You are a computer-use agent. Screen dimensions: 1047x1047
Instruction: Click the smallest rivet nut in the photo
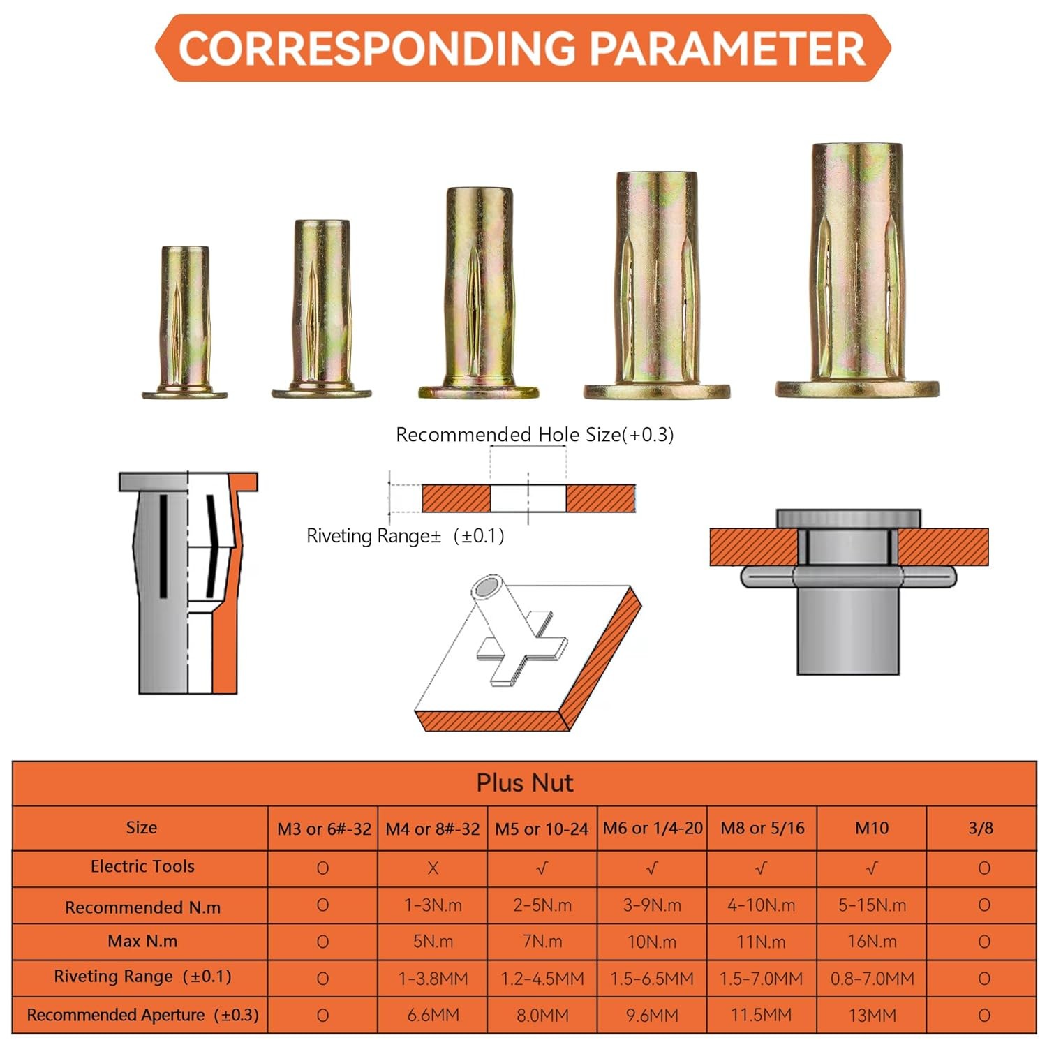185,322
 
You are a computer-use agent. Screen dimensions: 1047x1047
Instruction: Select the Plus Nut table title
524,783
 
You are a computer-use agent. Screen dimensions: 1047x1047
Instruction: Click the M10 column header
872,829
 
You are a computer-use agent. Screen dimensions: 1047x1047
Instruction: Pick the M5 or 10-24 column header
542,829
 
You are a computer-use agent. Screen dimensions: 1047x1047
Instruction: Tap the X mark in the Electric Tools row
433,868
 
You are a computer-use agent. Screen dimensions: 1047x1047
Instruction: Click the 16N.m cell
872,942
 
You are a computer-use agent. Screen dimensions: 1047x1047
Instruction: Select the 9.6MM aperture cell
652,1016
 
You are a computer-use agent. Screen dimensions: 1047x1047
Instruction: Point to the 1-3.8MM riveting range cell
433,979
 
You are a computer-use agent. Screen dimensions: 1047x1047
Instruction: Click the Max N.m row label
142,942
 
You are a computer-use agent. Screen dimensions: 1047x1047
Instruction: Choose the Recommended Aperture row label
142,1015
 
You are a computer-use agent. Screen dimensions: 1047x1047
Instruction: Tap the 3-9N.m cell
652,905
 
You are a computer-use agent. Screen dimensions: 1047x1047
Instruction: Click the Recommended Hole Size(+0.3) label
535,435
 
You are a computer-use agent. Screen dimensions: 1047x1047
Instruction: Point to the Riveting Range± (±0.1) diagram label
406,536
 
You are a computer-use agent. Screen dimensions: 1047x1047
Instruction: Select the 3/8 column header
981,829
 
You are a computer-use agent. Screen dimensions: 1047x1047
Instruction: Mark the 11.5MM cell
762,1016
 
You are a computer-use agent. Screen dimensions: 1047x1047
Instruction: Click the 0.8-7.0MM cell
872,979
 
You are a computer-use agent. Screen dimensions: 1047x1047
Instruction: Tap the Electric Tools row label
142,866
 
